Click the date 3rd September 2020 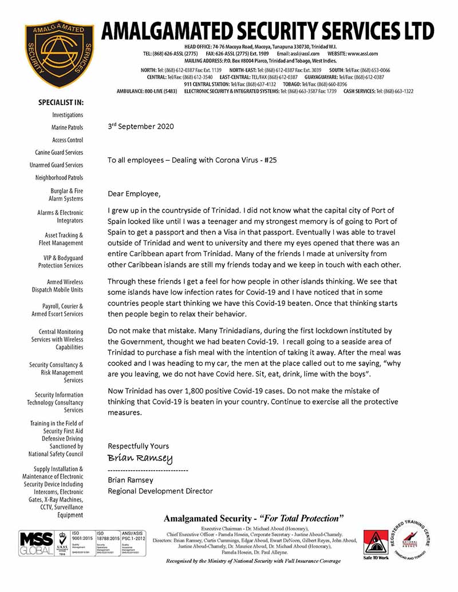click(141, 126)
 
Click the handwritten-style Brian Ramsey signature click(140, 459)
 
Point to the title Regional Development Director click(160, 491)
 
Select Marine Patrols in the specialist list click(67, 128)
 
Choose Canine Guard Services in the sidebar click(59, 153)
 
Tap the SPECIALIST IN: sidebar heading click(61, 102)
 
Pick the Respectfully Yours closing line click(139, 446)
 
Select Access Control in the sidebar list click(68, 140)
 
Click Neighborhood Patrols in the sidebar click(59, 178)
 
